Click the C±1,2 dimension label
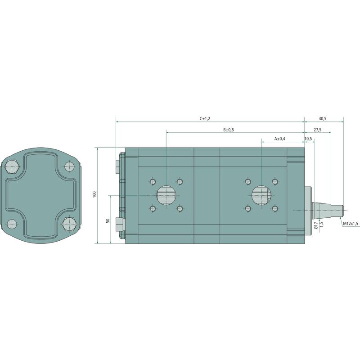(x=205, y=119)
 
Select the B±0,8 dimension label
(x=229, y=130)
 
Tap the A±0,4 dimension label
(x=280, y=139)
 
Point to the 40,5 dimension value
(x=323, y=119)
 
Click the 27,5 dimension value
(x=318, y=130)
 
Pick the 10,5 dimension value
(x=308, y=139)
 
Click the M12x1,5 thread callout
(x=351, y=223)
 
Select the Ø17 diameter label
(x=316, y=226)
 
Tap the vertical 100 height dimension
(x=95, y=194)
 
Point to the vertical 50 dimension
(x=108, y=220)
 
